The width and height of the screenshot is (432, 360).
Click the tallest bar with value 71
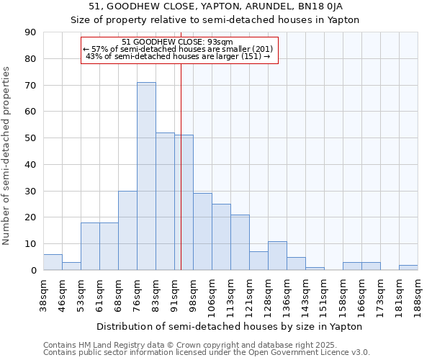[146, 176]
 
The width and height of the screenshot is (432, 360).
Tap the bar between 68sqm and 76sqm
[127, 230]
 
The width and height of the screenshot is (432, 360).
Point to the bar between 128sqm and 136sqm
[277, 256]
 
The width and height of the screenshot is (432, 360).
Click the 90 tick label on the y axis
[30, 32]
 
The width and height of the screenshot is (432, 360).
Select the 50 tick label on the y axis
[30, 138]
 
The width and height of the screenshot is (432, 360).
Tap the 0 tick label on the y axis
[33, 270]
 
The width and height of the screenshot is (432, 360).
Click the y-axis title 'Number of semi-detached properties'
[7, 156]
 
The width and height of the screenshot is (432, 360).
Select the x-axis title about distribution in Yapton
[230, 326]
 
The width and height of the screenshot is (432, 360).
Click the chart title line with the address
[215, 6]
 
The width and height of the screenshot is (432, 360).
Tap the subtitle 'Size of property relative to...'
[215, 19]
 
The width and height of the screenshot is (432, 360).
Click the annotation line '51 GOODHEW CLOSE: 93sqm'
[178, 42]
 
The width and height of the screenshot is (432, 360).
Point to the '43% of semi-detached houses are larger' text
[178, 56]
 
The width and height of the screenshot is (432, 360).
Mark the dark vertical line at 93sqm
[181, 180]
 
